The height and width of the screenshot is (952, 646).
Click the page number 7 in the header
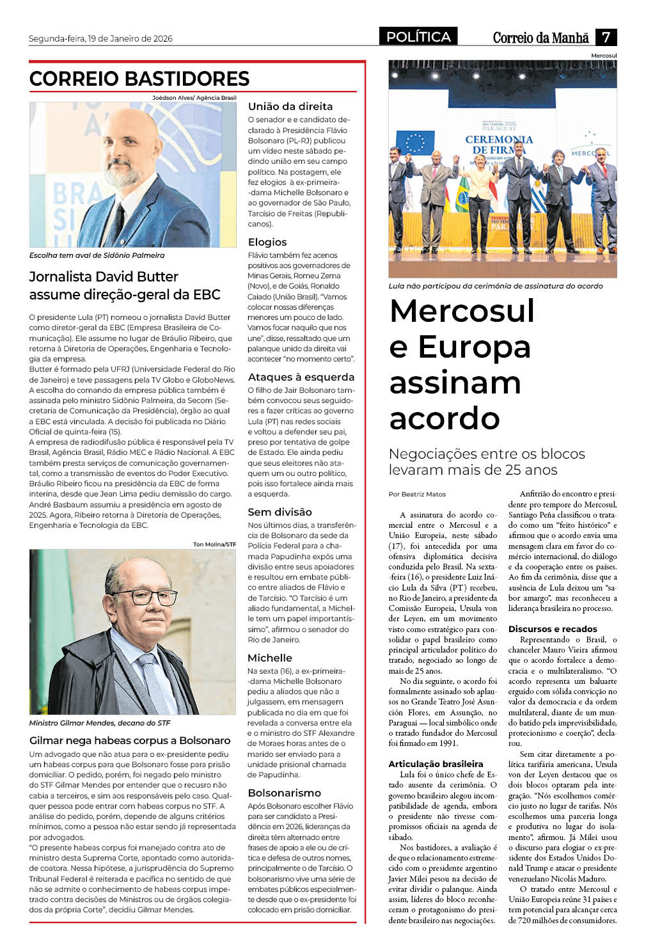click(606, 37)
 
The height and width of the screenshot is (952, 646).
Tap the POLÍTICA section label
click(418, 37)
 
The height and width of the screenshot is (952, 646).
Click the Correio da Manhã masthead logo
click(540, 38)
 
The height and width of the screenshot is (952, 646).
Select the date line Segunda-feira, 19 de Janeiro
click(100, 38)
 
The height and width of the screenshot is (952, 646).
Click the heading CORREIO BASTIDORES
click(139, 79)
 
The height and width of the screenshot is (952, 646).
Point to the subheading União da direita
click(290, 106)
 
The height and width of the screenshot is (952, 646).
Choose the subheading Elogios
click(267, 242)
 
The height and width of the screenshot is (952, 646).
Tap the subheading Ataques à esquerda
click(301, 377)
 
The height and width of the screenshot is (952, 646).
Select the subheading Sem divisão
click(280, 512)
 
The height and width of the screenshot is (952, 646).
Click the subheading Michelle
click(270, 658)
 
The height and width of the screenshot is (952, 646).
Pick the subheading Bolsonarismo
click(285, 793)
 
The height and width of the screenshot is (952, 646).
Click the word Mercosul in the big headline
click(462, 311)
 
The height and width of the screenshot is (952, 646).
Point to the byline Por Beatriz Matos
click(417, 494)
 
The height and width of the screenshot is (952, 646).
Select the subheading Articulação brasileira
click(436, 764)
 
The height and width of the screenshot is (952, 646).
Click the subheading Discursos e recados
click(553, 629)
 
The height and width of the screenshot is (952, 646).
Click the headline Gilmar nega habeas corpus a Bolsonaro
click(130, 740)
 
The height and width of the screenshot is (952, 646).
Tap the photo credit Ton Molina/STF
click(214, 544)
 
